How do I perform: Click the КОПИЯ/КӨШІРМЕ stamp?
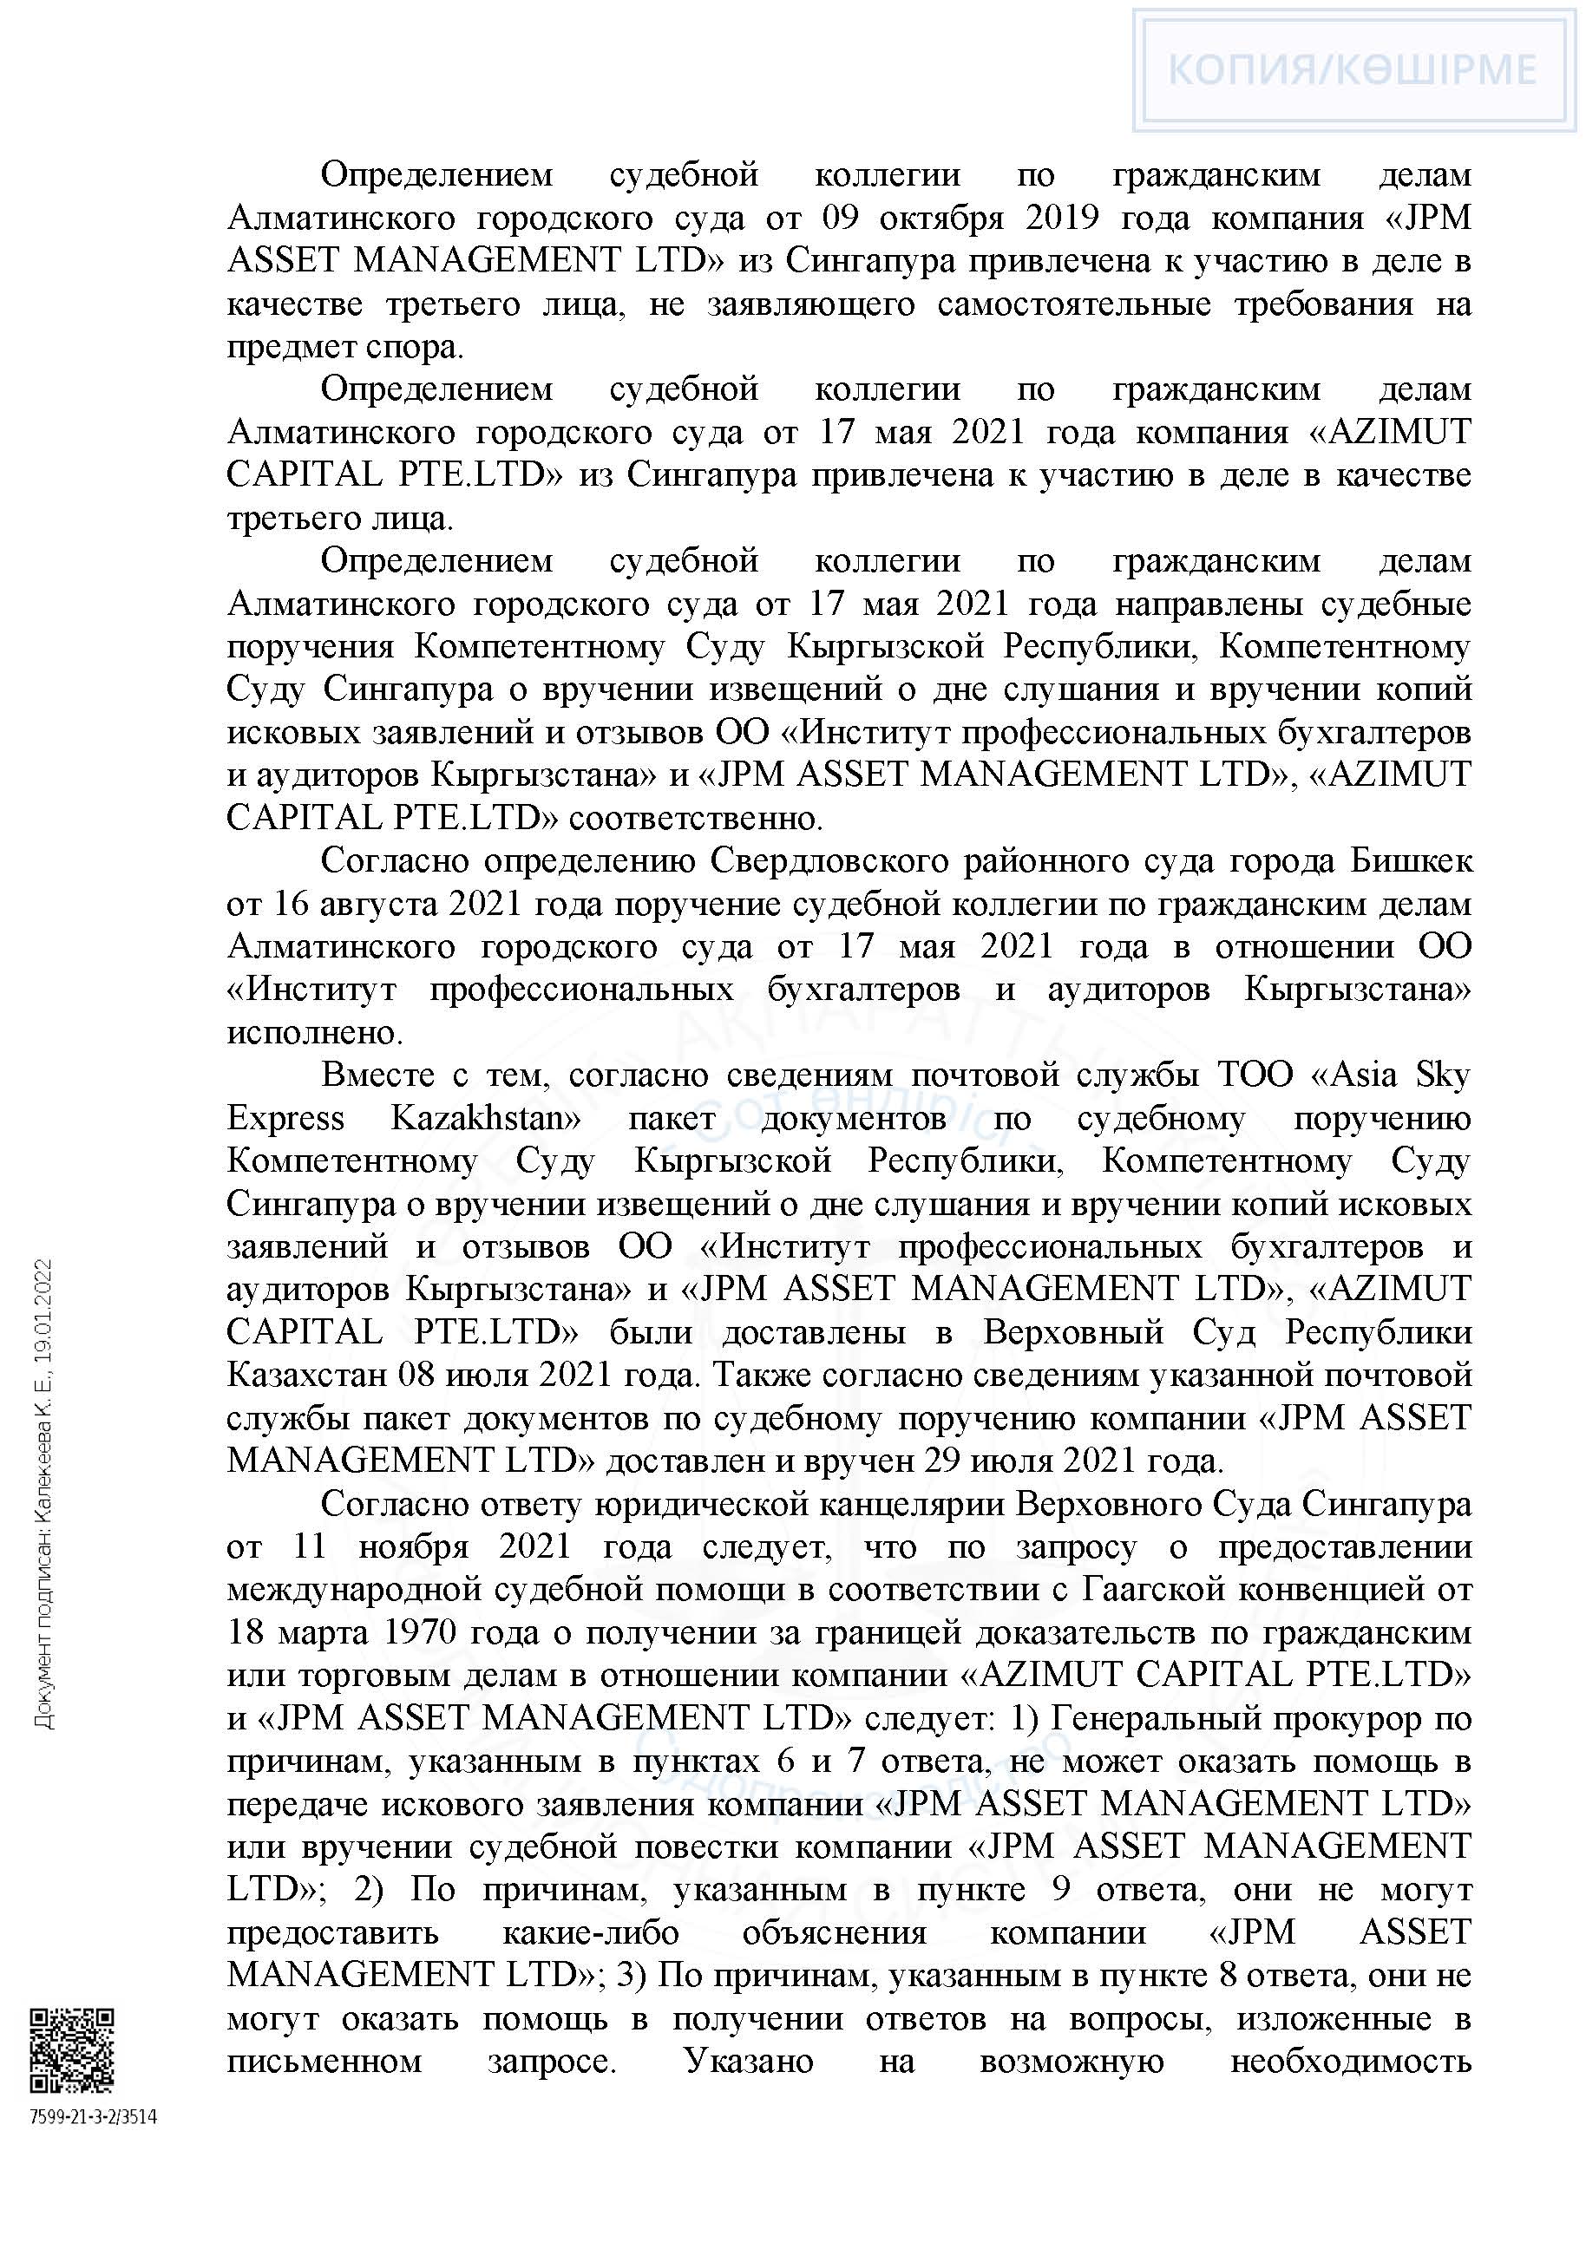pyautogui.click(x=1353, y=69)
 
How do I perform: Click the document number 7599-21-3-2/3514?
pyautogui.click(x=94, y=2117)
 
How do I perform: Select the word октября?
pyautogui.click(x=941, y=218)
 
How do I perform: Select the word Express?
pyautogui.click(x=285, y=1118)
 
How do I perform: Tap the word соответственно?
pyautogui.click(x=694, y=818)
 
